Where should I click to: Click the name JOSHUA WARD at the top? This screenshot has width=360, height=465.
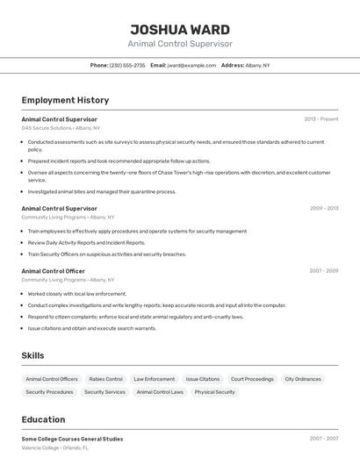(x=180, y=29)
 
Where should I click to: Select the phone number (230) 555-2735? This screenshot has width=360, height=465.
(x=128, y=65)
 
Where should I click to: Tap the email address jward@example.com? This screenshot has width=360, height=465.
(x=192, y=65)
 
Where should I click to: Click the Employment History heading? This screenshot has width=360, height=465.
(x=65, y=100)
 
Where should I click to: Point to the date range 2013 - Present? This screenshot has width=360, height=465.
(x=321, y=119)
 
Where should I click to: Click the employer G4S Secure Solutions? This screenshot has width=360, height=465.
(x=47, y=128)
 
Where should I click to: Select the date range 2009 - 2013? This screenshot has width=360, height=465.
(x=324, y=209)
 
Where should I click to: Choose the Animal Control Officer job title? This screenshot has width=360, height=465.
(x=54, y=271)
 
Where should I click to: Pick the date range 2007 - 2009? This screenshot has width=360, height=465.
(x=324, y=271)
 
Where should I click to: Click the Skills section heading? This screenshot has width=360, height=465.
(x=33, y=355)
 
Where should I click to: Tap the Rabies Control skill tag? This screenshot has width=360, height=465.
(x=105, y=379)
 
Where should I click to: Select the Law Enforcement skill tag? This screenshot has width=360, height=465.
(x=154, y=379)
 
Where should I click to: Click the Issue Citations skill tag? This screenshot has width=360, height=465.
(x=203, y=379)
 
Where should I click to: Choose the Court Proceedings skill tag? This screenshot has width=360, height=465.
(x=252, y=379)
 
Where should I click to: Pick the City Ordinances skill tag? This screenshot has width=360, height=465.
(x=303, y=379)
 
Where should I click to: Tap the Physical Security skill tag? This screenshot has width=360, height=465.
(x=215, y=392)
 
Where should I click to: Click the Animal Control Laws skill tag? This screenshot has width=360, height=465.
(x=160, y=392)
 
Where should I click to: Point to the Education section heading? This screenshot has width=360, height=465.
(x=43, y=419)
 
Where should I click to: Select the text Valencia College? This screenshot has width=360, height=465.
(x=40, y=447)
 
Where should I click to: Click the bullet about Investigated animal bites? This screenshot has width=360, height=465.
(x=102, y=191)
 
